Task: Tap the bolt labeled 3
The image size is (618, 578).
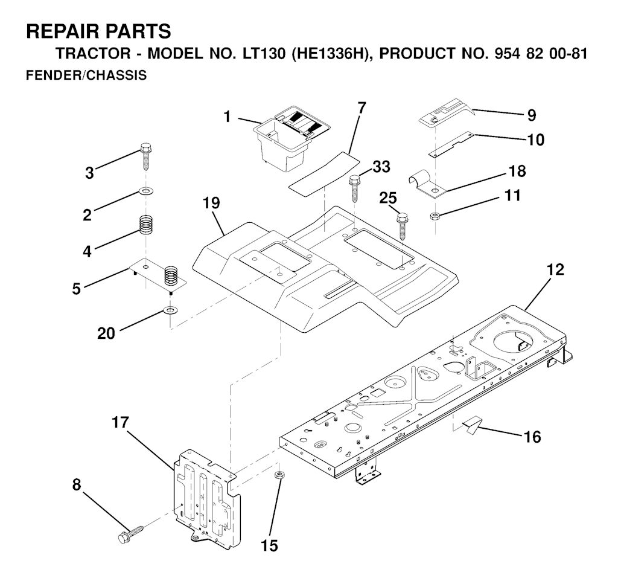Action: tap(145, 156)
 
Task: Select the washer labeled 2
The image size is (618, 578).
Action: tap(145, 191)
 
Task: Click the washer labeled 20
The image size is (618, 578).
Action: tap(171, 312)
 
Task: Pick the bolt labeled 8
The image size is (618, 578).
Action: tap(129, 534)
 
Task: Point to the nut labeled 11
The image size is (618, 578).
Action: tap(434, 216)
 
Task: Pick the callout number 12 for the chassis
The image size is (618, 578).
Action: tap(555, 271)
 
